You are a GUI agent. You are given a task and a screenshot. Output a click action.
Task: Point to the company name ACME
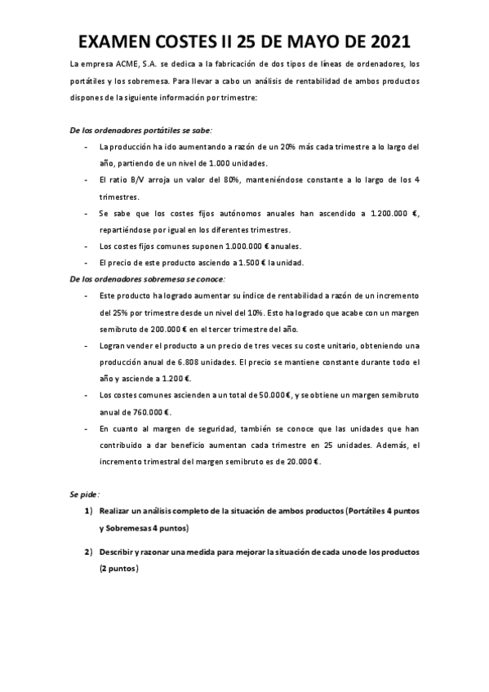coord(129,64)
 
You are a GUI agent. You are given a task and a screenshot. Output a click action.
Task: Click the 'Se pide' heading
coord(82,495)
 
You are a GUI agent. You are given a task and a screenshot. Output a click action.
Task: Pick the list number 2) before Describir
coord(89,552)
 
